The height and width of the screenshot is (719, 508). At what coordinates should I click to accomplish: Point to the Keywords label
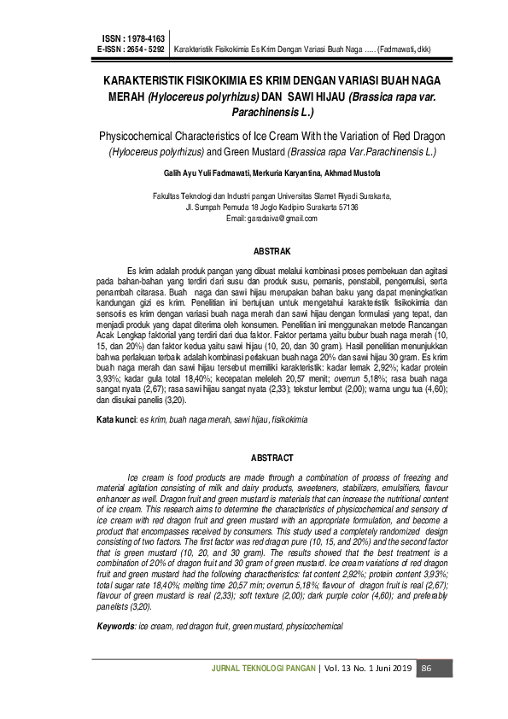(116, 628)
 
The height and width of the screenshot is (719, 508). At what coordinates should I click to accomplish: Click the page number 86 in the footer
(428, 668)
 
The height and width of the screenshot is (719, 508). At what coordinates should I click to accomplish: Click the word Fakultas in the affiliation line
(168, 196)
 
